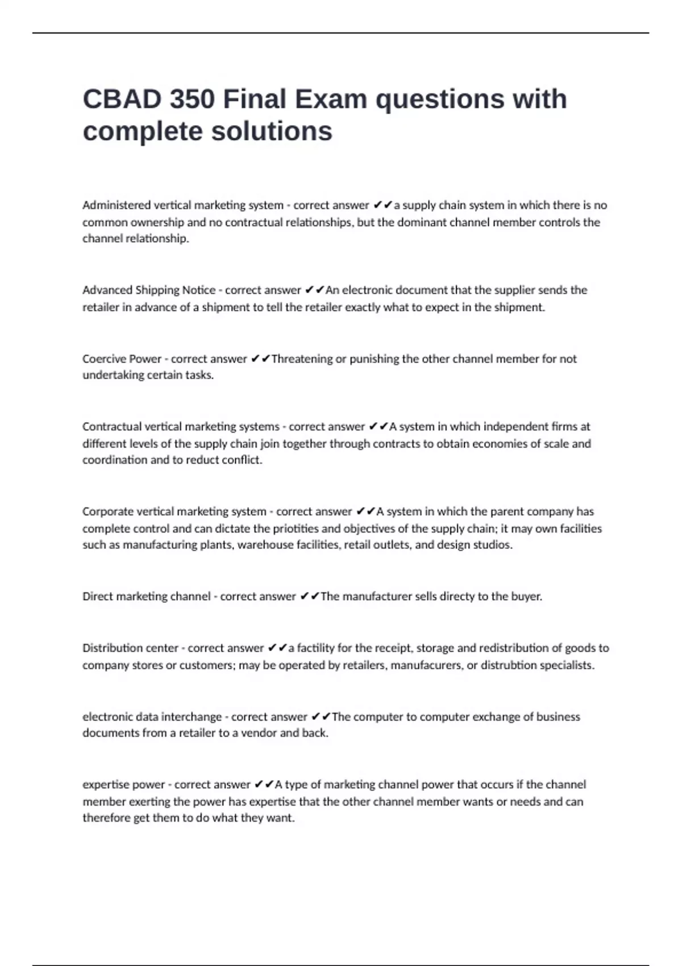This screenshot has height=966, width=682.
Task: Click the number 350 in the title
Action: (192, 99)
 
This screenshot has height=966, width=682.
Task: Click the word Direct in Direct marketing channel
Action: (97, 597)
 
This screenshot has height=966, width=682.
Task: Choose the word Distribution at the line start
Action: (114, 648)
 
